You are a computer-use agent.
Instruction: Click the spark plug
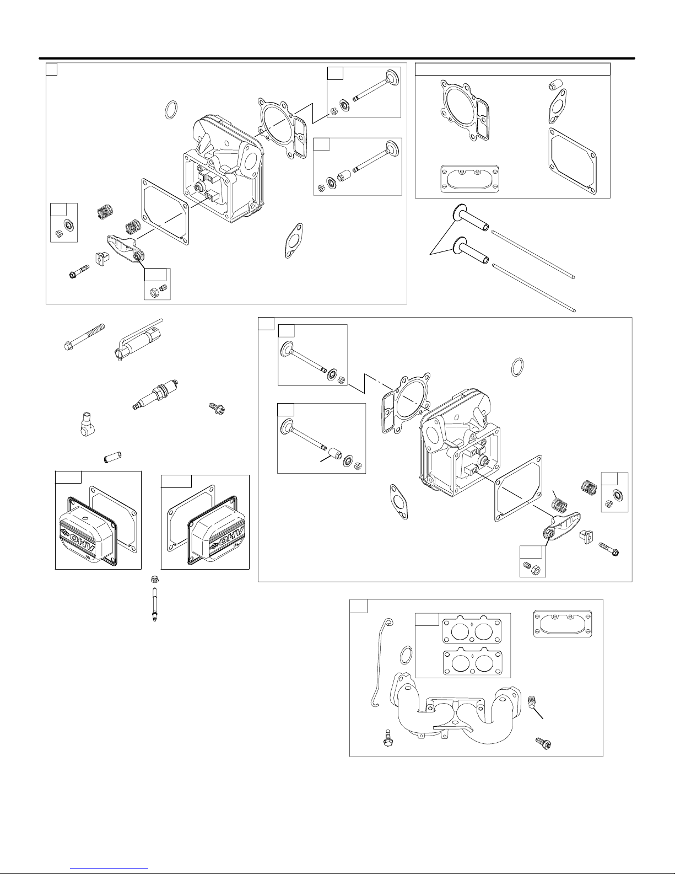pos(155,395)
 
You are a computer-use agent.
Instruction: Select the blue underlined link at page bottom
pos(109,869)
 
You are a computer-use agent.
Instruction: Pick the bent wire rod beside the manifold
pos(379,662)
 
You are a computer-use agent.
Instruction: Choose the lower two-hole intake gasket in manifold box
pos(472,663)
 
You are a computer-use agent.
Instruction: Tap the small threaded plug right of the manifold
pos(531,703)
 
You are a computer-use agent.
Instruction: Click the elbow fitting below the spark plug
pos(86,424)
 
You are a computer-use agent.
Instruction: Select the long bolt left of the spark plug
pos(84,337)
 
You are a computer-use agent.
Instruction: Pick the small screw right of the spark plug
pos(217,409)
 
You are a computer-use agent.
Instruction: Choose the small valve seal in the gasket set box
pos(555,85)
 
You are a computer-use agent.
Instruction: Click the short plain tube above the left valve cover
pos(112,457)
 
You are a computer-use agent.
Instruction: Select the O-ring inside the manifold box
pos(406,655)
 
